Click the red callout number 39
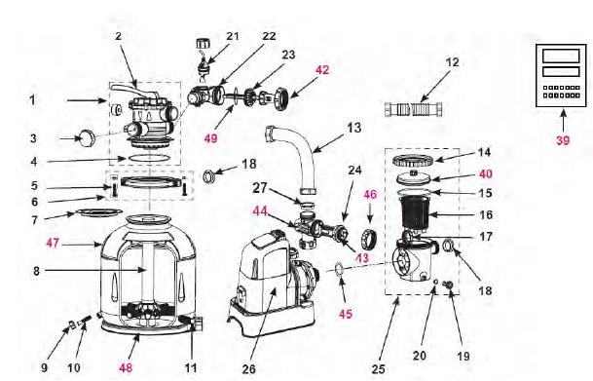(x=563, y=140)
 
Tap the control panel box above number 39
(x=561, y=76)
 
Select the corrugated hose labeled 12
(x=414, y=109)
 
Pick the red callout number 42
(x=322, y=70)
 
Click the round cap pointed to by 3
(x=87, y=138)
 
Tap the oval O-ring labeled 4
(x=148, y=158)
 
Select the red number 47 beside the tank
(x=53, y=243)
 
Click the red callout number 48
(x=126, y=367)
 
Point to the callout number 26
(x=249, y=369)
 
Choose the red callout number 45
(x=346, y=314)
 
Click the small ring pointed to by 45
(x=340, y=269)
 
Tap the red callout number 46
(x=370, y=194)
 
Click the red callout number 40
(x=486, y=173)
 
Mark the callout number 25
(x=378, y=369)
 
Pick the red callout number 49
(x=210, y=138)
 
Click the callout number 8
(x=36, y=271)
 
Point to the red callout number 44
(x=260, y=211)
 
